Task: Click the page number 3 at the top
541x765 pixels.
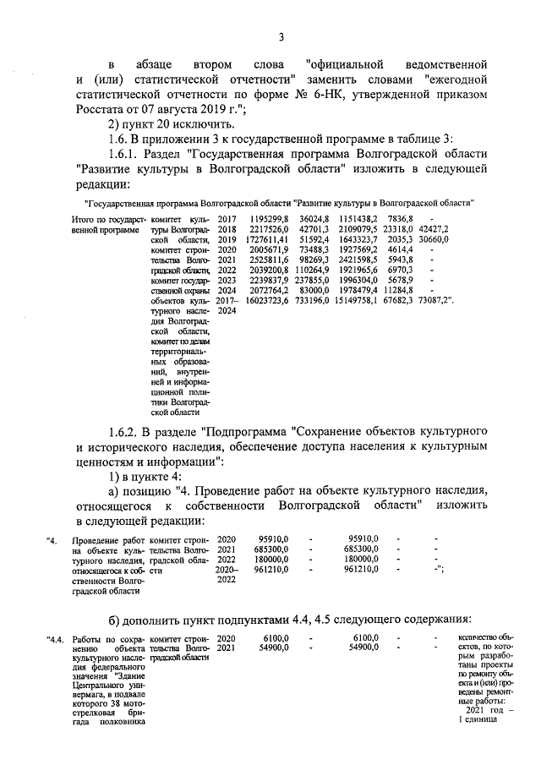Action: [281, 36]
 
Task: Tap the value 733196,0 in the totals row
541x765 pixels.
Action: [309, 299]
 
